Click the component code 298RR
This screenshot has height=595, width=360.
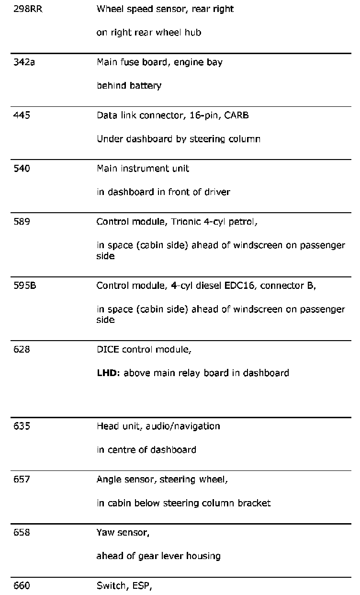coord(28,9)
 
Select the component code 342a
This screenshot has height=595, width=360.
coord(24,62)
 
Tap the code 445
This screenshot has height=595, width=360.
coord(22,115)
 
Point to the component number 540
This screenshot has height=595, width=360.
coord(22,169)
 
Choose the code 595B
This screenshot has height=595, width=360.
coord(25,286)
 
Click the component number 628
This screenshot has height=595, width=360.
coord(22,349)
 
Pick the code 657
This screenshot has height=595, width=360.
coord(22,479)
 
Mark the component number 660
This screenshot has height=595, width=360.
coord(22,586)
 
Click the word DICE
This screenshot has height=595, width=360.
coord(108,349)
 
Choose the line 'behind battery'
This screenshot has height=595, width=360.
coord(129,86)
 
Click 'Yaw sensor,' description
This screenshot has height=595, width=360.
coord(123,533)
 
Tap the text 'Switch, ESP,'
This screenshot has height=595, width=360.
coord(124,586)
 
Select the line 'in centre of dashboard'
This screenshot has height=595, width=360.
coord(146,450)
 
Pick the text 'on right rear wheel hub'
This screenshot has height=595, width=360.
coord(148,33)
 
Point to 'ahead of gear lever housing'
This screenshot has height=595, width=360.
coord(158,557)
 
